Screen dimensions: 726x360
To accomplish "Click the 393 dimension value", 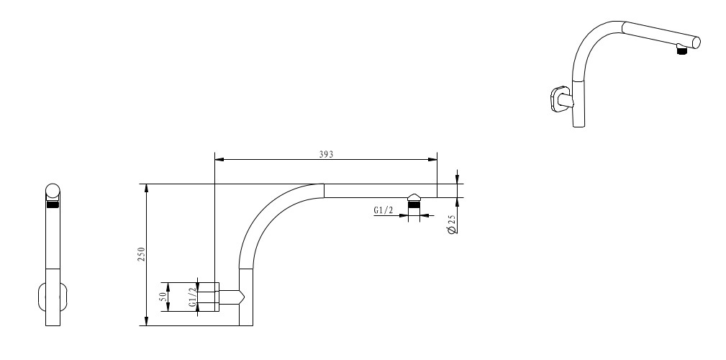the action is pos(326,154).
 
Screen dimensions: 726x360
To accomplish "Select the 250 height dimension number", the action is pos(141,254).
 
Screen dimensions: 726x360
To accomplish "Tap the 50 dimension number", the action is pos(163,297).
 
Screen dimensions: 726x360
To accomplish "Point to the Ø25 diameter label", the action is pos(453,225).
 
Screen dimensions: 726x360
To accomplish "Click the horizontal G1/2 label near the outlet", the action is pos(384,210).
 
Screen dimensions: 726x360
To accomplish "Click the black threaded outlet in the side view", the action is pos(414,204).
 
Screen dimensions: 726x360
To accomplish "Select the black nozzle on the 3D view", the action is pos(681,51).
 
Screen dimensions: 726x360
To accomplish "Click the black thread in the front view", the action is pos(53,204).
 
